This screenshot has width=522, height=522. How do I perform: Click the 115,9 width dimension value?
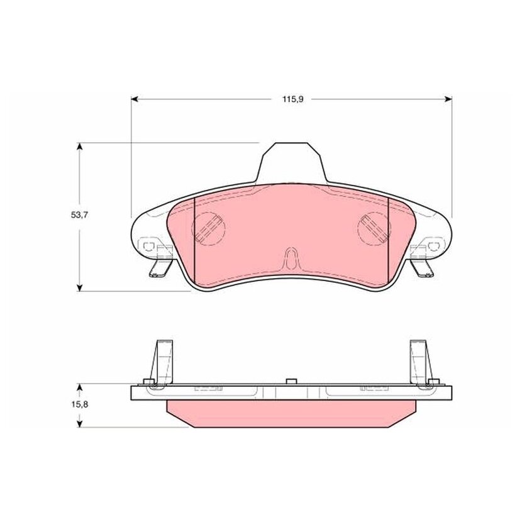[292, 99]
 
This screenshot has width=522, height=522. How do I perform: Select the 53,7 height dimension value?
[79, 215]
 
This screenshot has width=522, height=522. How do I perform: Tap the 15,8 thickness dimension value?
[79, 405]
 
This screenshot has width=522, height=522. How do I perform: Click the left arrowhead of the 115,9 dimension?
[135, 99]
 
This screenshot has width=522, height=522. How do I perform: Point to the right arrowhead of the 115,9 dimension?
[448, 99]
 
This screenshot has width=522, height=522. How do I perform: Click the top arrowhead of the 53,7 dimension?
[79, 147]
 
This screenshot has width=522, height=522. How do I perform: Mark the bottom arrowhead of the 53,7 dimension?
[79, 287]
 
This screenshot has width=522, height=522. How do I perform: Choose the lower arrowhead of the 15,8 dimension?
[79, 423]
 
